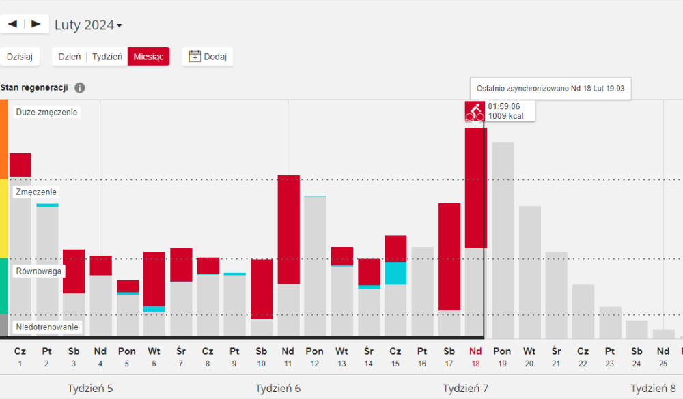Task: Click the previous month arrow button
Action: tap(12, 24)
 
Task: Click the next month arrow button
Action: tap(36, 24)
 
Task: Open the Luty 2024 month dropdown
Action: tap(88, 25)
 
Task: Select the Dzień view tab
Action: tap(70, 57)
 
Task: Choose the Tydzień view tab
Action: tap(107, 57)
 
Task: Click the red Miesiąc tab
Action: tap(148, 57)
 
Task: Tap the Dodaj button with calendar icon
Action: tap(208, 57)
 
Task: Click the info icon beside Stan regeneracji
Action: tap(80, 88)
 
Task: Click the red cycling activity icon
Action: tap(475, 111)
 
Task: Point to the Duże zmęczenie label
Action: tap(46, 112)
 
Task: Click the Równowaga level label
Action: tap(39, 271)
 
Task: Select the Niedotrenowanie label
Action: tap(46, 327)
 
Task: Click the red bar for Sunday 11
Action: tap(288, 229)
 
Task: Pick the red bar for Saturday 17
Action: tap(449, 256)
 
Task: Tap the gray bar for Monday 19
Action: tap(503, 239)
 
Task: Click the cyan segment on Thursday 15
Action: tap(395, 273)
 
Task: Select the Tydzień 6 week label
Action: tap(278, 388)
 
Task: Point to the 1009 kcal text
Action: tap(505, 116)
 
